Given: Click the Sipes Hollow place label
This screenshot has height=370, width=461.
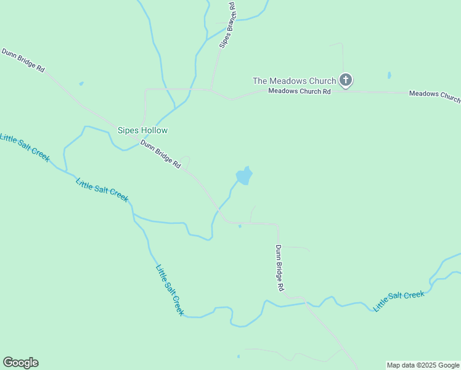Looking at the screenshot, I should click(x=142, y=131).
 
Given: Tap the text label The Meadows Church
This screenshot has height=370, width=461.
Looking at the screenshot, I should click(x=295, y=81).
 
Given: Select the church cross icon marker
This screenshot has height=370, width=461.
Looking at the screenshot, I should click(x=346, y=80).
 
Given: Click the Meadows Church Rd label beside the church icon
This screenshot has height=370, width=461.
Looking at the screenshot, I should click(x=300, y=91).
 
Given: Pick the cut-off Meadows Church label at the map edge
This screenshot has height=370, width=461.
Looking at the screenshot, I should click(x=434, y=96).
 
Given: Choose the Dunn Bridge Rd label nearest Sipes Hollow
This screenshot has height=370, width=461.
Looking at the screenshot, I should click(x=160, y=155).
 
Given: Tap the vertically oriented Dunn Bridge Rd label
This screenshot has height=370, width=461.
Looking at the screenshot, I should click(x=279, y=268).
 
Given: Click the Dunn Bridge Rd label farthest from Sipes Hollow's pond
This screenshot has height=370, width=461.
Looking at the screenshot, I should click(x=23, y=61).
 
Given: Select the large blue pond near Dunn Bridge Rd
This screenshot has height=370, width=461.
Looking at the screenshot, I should click(x=244, y=176).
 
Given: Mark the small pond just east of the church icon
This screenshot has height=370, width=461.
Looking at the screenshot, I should click(x=389, y=76).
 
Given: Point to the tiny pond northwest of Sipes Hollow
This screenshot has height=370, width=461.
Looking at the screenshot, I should click(x=81, y=83).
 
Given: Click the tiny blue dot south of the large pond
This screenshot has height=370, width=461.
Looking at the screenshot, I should click(x=240, y=226).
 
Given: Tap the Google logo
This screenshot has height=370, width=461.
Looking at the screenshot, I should click(x=20, y=363).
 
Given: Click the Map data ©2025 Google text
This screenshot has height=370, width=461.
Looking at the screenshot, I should click(x=423, y=365).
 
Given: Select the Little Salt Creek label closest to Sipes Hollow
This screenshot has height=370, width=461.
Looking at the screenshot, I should click(x=102, y=190).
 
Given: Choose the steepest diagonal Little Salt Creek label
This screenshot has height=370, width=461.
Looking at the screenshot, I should click(x=169, y=290).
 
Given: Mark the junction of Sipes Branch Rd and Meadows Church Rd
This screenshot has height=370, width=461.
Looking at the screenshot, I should click(x=212, y=90).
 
